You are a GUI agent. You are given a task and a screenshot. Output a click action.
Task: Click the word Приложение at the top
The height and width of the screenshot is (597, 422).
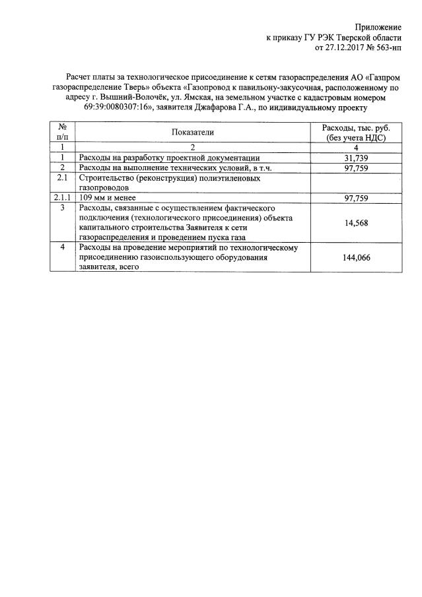pyautogui.click(x=378, y=27)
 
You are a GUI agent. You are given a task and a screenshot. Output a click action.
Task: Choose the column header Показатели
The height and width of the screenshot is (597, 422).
pyautogui.click(x=193, y=132)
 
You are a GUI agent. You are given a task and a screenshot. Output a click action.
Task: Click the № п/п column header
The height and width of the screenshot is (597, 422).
pyautogui.click(x=63, y=132)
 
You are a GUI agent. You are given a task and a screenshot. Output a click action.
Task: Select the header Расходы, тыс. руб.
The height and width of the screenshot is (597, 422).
pyautogui.click(x=356, y=127)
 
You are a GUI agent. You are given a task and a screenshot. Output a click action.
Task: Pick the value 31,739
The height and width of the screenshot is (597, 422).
pyautogui.click(x=357, y=158)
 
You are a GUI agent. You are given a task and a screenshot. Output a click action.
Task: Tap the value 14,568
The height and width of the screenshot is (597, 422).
pyautogui.click(x=357, y=223)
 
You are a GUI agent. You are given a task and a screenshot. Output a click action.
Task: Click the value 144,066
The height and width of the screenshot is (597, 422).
pyautogui.click(x=357, y=258)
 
